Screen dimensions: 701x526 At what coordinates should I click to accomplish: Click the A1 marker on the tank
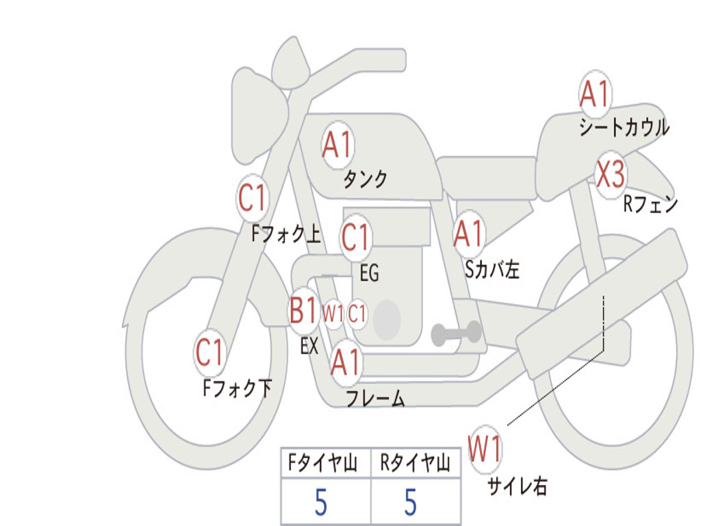tap(337, 145)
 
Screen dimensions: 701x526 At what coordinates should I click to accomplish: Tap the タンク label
tap(366, 179)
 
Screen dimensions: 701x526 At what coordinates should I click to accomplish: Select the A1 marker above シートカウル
tap(595, 94)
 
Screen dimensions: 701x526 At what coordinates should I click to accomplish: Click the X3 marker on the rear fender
tap(611, 175)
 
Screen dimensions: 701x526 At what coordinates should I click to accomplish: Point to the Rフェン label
tap(650, 204)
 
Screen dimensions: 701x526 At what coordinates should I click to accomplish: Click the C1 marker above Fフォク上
tap(252, 198)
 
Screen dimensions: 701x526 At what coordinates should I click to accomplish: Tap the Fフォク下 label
tap(238, 388)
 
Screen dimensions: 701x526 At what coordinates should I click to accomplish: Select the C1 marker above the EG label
tap(355, 237)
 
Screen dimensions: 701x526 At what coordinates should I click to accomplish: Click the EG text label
tap(369, 273)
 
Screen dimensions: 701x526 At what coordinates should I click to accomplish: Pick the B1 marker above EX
tap(303, 310)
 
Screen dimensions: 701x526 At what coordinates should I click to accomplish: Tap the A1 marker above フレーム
tap(346, 362)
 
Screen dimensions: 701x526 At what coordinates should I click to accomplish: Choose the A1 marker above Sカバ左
tap(468, 234)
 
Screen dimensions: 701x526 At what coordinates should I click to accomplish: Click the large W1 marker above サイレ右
tap(485, 449)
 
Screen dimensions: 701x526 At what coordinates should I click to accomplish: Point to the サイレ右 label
tap(518, 486)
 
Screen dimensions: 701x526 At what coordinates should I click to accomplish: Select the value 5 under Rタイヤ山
tap(411, 502)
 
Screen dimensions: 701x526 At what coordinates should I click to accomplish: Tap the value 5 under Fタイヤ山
tap(321, 502)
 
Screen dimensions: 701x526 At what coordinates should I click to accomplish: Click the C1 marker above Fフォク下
tap(209, 352)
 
